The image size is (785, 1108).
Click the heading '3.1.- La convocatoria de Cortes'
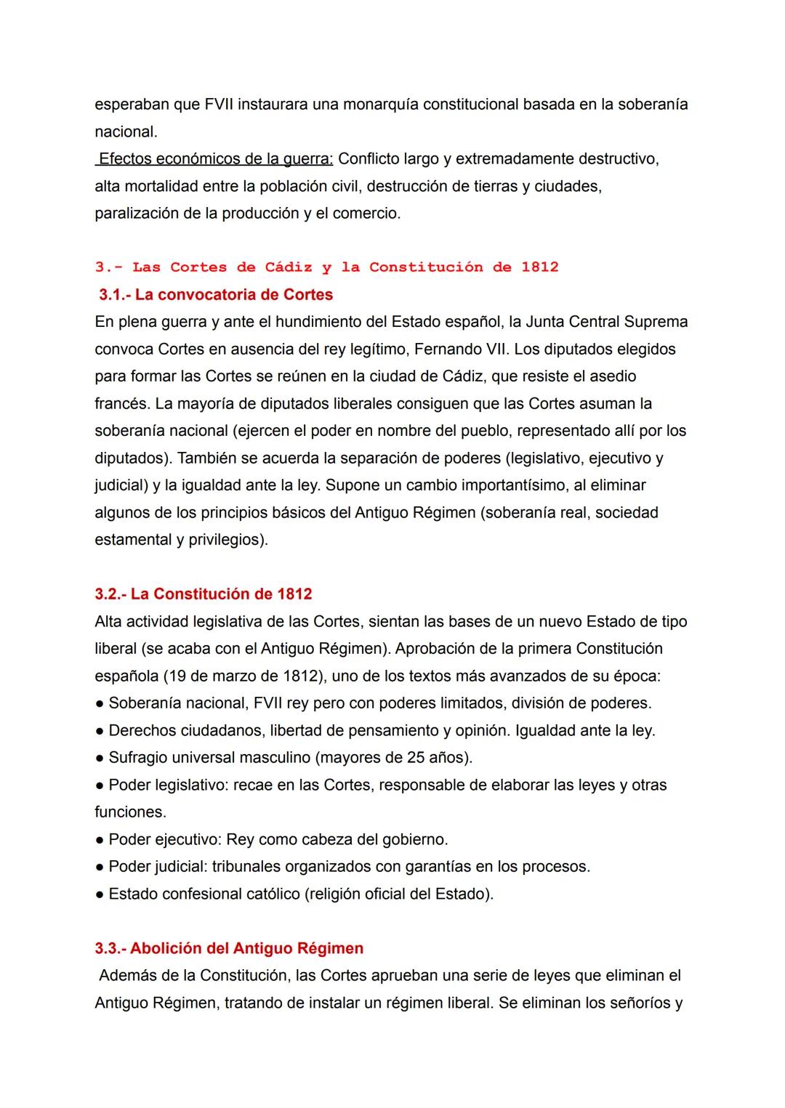pos(216,295)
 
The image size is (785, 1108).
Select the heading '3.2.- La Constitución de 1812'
pos(204,594)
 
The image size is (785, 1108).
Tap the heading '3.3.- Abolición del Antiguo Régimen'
pos(229,949)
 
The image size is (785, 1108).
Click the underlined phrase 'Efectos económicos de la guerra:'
pos(215,159)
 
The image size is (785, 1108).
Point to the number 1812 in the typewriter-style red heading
pos(539,267)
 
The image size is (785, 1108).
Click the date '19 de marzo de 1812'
pos(243,676)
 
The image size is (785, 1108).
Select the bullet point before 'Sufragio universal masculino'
pos(99,759)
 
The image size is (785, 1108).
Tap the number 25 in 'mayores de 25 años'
pos(416,758)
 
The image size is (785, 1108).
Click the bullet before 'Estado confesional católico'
pos(99,894)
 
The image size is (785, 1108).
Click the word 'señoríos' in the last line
pos(640,1003)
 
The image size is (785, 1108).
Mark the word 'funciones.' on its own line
pos(130,812)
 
